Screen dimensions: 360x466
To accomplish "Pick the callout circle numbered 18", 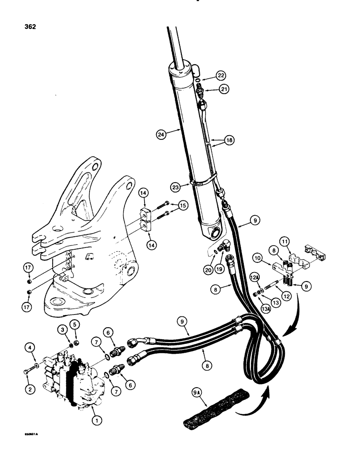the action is (x=228, y=139).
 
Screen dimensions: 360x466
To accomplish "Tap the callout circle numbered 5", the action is (x=74, y=324).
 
